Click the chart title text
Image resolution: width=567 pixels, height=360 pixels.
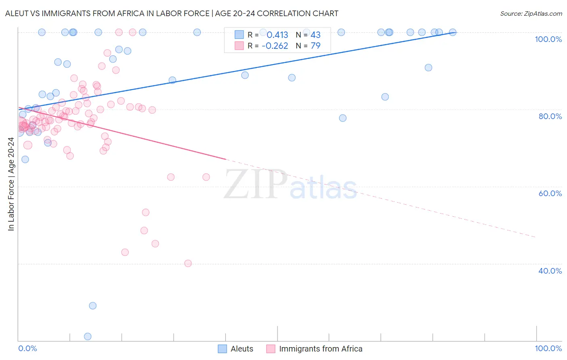172,13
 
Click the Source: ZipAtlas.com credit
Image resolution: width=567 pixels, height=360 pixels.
531,13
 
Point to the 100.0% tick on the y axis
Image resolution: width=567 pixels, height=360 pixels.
548,39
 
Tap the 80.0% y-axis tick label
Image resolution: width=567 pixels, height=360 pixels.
550,116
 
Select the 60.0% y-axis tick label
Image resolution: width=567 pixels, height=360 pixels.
550,193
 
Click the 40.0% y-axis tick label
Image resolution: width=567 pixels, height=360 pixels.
550,271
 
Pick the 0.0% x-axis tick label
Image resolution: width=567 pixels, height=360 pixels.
28,348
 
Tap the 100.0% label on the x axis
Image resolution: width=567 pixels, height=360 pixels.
548,348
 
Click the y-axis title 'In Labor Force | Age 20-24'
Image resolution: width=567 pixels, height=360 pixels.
11,184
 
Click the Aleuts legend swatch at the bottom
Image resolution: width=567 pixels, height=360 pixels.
222,349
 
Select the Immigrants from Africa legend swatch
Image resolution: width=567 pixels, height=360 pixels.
271,349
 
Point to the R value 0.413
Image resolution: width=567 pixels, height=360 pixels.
277,35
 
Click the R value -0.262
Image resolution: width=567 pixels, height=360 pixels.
275,46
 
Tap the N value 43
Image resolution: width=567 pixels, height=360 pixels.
315,35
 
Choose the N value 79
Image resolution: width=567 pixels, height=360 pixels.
315,46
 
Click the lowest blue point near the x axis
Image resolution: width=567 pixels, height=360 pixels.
88,336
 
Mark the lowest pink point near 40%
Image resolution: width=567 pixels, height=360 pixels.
188,263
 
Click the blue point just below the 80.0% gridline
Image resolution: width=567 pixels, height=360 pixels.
343,118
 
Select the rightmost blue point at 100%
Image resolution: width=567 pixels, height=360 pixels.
452,32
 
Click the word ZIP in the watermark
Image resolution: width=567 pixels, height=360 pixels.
255,184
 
